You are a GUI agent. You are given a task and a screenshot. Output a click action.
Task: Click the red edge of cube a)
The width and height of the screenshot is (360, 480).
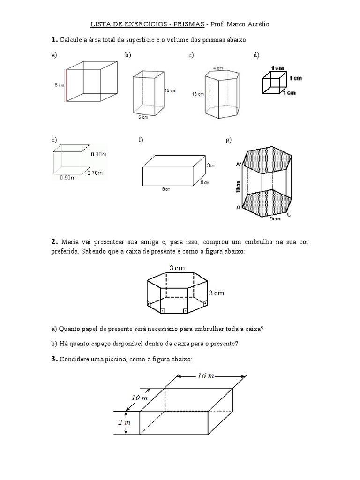[66, 85]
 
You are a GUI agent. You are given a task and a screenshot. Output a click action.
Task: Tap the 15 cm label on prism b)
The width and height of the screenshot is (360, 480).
[170, 90]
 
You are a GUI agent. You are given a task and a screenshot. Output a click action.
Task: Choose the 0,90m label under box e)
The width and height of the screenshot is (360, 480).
[67, 178]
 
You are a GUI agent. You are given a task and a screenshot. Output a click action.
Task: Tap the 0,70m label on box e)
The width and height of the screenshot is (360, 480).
[95, 173]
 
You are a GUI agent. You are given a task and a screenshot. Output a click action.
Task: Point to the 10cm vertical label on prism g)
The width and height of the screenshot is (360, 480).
[239, 187]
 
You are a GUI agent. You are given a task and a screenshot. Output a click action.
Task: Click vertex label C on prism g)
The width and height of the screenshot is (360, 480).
[289, 214]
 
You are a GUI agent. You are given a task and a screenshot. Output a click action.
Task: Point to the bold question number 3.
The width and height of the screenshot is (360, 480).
[54, 359]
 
